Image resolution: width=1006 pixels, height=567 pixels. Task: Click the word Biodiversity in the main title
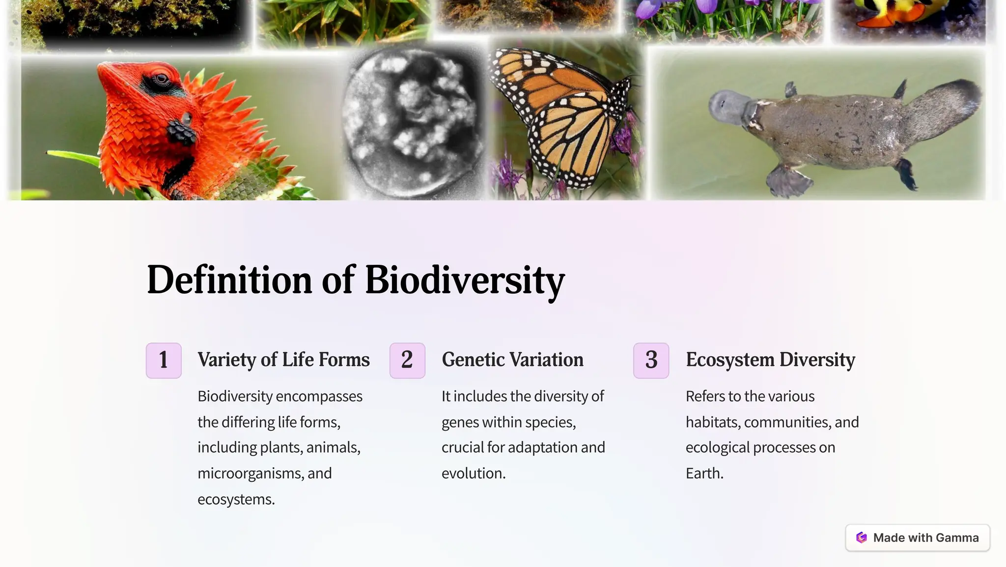[x=464, y=280]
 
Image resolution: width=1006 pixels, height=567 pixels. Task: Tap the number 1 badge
[x=164, y=360]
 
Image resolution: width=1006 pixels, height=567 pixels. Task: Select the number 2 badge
[x=407, y=360]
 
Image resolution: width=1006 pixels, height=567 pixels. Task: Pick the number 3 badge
[x=651, y=360]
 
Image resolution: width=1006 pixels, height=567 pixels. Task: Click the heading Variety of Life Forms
[x=283, y=360]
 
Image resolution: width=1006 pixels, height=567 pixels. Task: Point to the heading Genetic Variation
[x=512, y=360]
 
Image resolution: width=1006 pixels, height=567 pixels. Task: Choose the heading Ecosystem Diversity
[x=770, y=360]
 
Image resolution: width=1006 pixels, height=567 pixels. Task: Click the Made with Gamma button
[x=917, y=538]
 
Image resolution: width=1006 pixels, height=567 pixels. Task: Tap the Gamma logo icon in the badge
[x=861, y=538]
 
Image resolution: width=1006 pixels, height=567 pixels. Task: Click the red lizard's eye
[x=161, y=78]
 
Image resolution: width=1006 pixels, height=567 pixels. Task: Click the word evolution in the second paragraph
[x=473, y=473]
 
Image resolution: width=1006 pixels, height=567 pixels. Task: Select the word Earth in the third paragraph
[x=704, y=473]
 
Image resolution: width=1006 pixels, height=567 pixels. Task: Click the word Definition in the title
[x=229, y=280]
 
